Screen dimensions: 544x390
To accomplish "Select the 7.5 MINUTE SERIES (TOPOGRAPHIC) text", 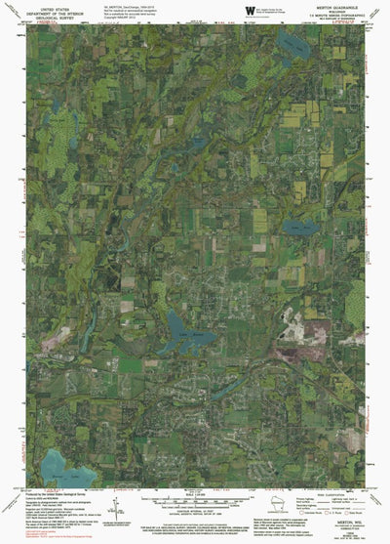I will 330,17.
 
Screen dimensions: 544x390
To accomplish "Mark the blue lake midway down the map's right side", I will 298,227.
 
